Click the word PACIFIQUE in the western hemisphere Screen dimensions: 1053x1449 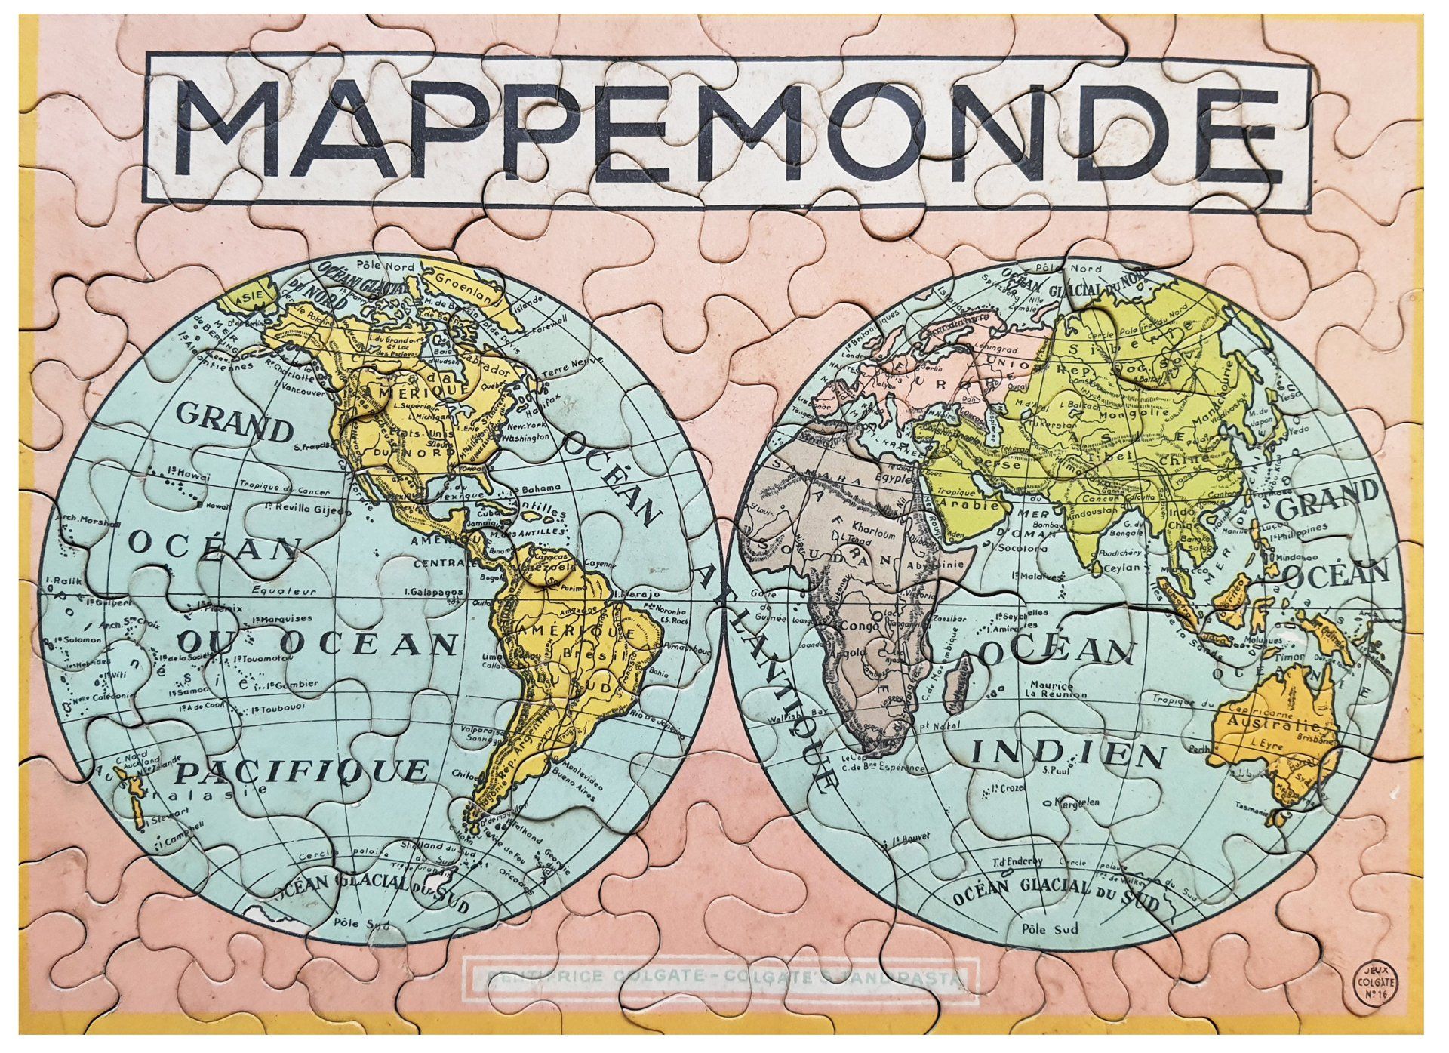point(302,771)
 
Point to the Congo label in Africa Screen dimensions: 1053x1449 point(854,626)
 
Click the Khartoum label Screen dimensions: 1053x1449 point(873,524)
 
